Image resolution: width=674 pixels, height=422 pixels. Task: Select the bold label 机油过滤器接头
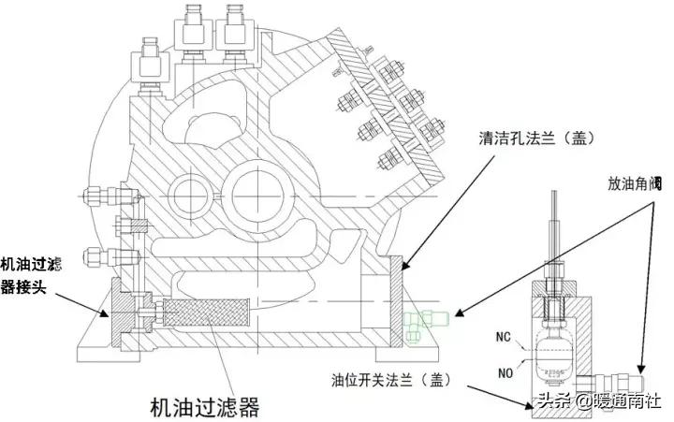[32, 275]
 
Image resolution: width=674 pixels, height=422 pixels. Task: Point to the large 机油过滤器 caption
[204, 407]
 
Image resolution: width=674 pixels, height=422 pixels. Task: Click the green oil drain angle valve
[428, 319]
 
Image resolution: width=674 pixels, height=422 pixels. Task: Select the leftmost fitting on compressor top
[149, 65]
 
